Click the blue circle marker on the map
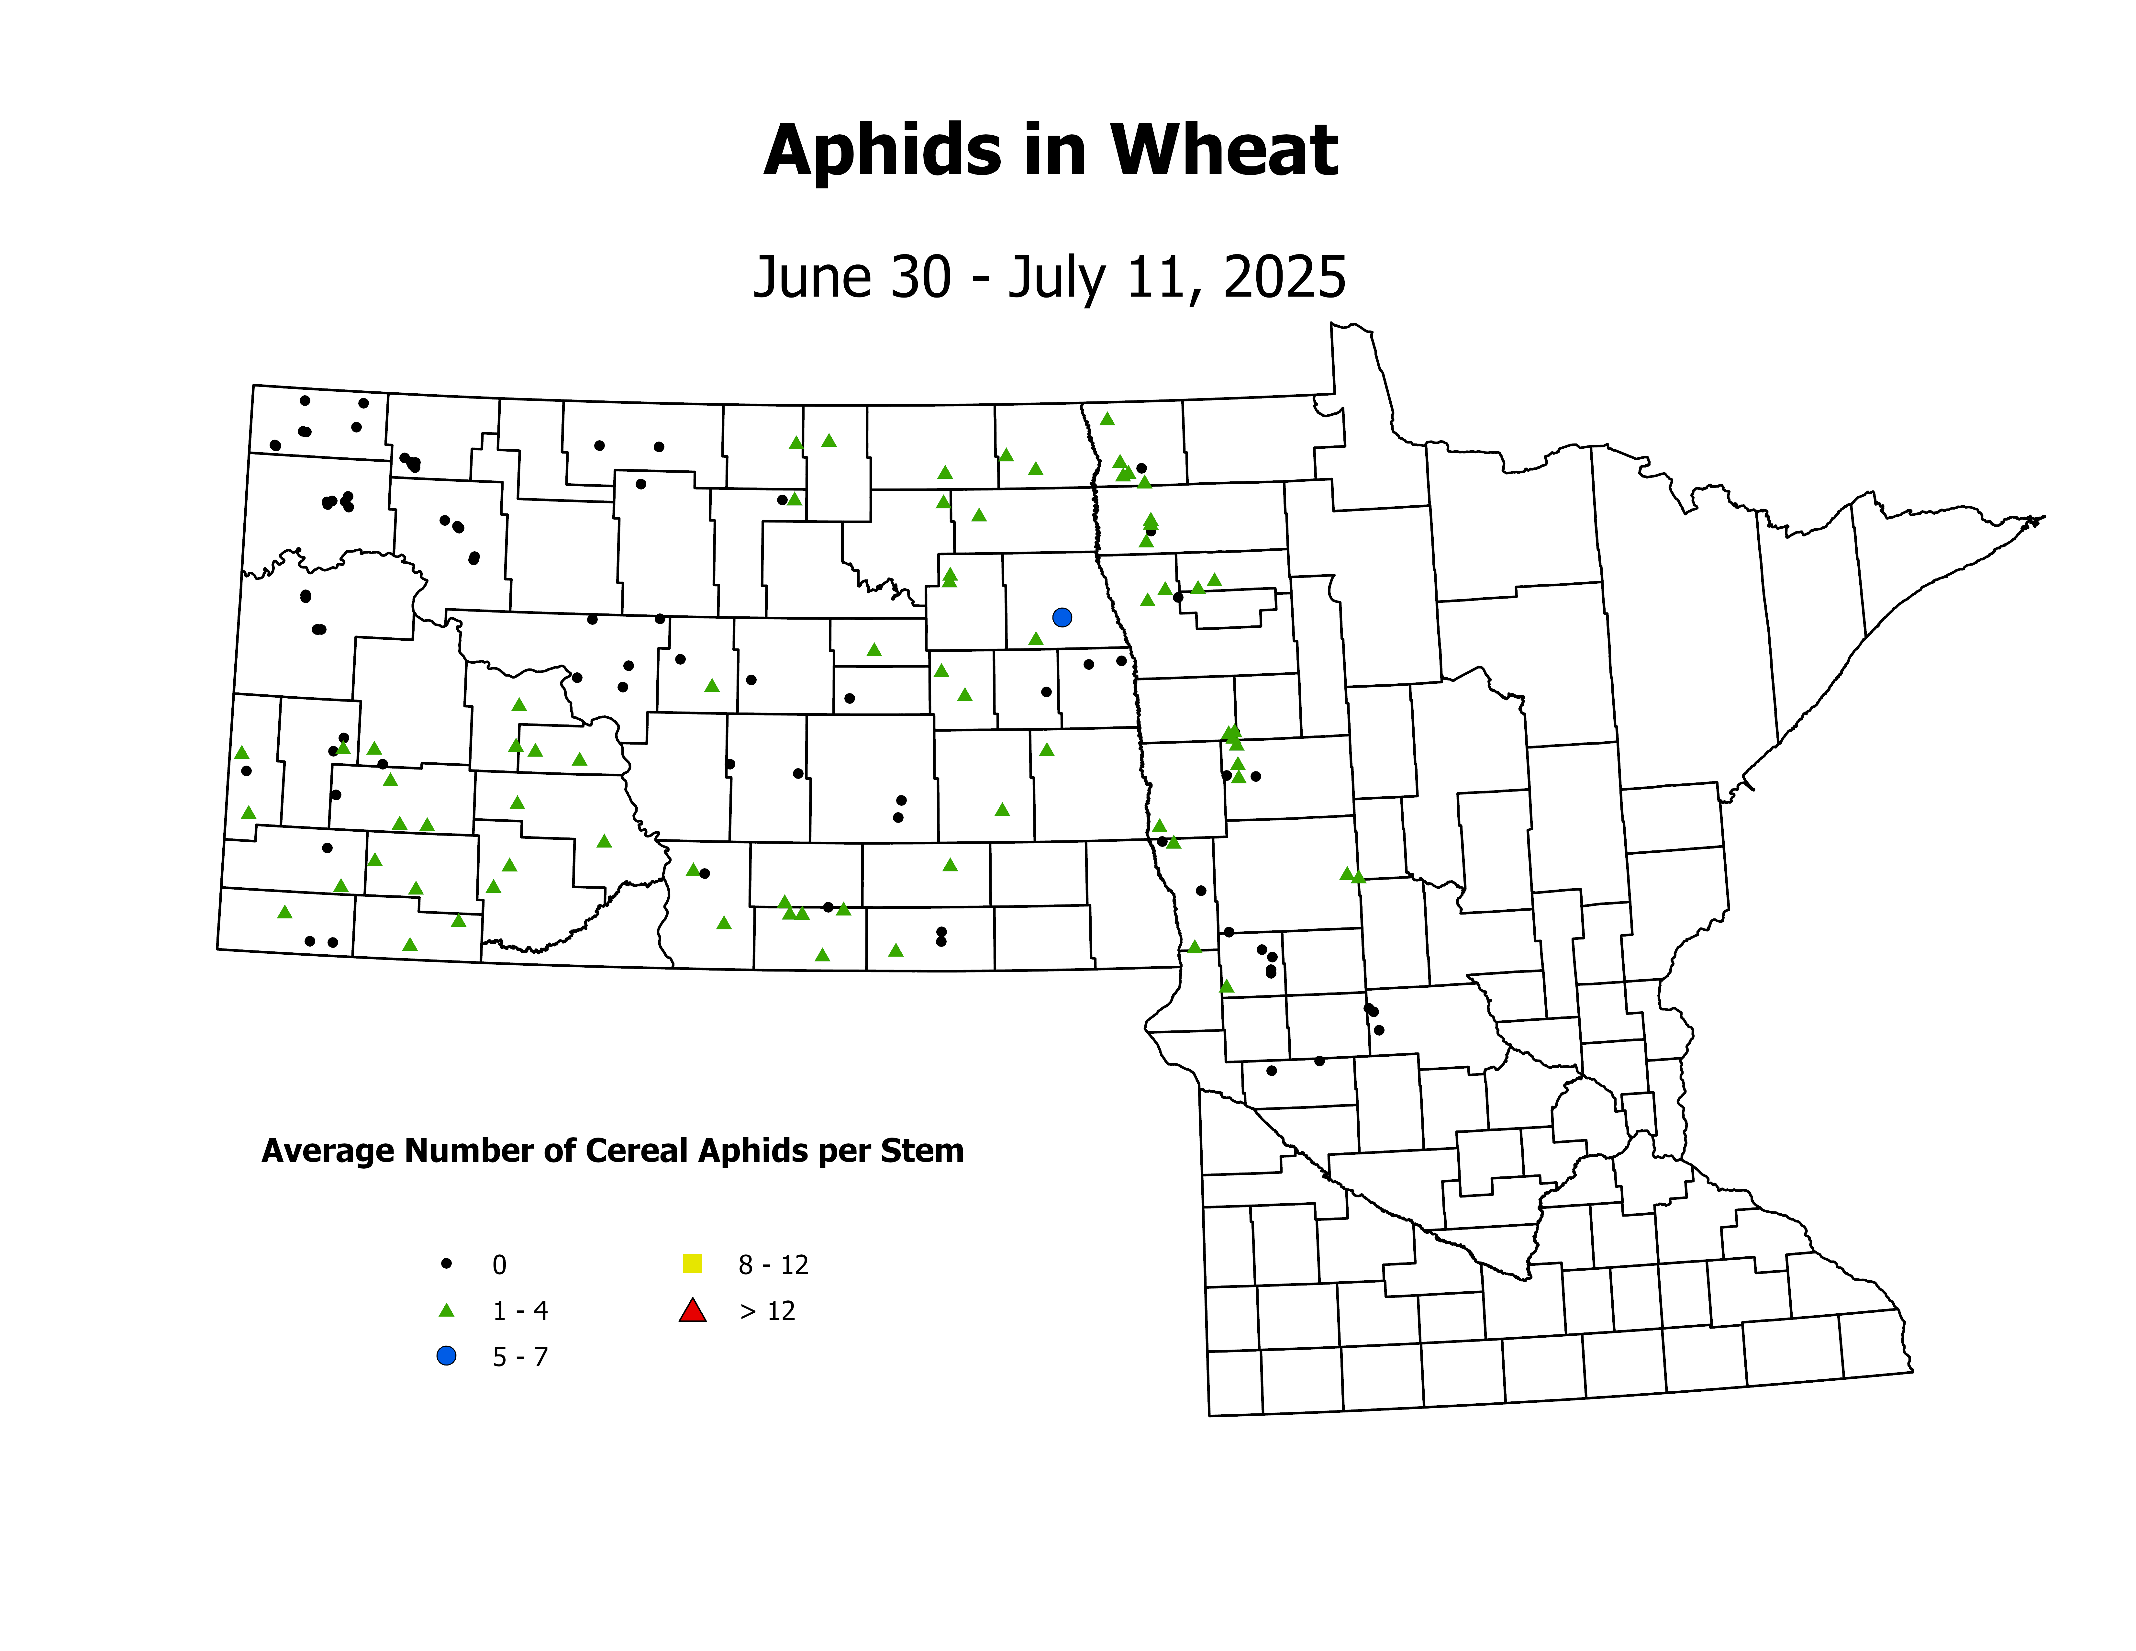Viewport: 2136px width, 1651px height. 1062,617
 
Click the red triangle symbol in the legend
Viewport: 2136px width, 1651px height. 693,1311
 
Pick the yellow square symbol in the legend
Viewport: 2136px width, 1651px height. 693,1264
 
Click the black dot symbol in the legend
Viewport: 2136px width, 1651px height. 446,1264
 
